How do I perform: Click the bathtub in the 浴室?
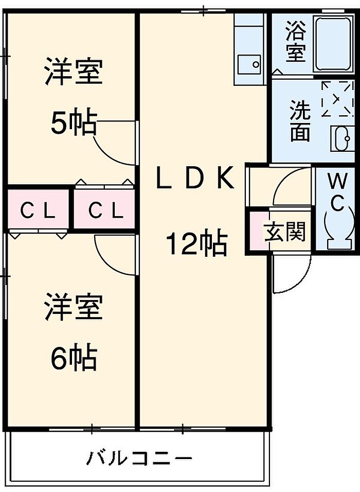[x=333, y=44]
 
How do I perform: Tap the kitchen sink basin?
[x=249, y=65]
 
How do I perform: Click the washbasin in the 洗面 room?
[x=342, y=139]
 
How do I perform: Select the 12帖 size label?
[x=196, y=242]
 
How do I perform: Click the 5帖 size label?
[x=74, y=122]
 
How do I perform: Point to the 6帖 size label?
[x=74, y=357]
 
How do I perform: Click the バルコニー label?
[x=139, y=459]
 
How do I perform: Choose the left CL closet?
[x=38, y=209]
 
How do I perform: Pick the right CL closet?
[x=105, y=209]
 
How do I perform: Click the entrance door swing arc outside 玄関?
[x=292, y=274]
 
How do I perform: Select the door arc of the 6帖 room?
[x=115, y=255]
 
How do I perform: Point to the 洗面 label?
[x=300, y=120]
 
